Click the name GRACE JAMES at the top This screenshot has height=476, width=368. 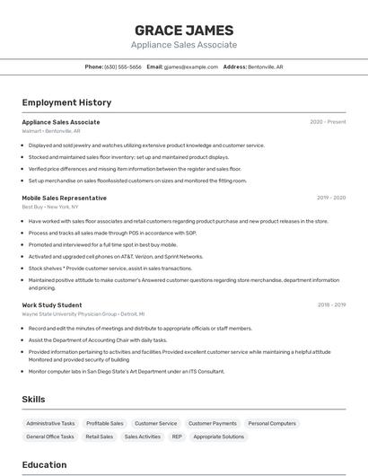(184, 30)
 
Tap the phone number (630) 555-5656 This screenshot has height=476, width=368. (123, 66)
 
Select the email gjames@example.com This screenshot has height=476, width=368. (191, 66)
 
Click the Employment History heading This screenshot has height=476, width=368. (66, 102)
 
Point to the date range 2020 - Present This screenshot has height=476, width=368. (328, 122)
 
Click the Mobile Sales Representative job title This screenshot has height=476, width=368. (64, 198)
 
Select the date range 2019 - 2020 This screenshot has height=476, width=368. (331, 198)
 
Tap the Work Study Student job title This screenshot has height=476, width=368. (52, 305)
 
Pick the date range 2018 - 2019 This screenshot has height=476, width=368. (331, 305)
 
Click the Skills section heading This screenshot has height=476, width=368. (34, 399)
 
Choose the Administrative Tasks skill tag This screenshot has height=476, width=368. (50, 423)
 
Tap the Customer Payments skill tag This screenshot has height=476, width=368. (212, 423)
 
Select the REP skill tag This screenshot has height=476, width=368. (177, 436)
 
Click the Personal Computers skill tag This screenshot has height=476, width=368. (272, 423)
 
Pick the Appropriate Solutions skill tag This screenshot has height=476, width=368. (219, 436)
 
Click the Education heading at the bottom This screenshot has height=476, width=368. (44, 464)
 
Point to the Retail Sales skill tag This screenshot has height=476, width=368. (99, 436)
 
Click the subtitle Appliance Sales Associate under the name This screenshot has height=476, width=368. (184, 45)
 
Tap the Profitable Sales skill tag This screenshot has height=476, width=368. (105, 423)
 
